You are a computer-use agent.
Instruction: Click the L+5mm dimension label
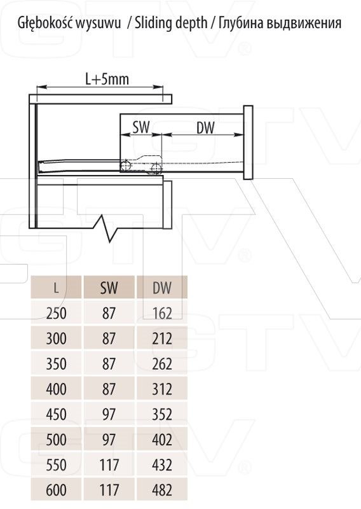click(107, 79)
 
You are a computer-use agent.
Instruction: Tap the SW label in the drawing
click(141, 127)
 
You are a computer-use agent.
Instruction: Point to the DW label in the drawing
click(206, 128)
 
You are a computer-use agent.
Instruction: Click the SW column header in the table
click(109, 288)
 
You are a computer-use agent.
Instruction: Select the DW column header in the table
click(162, 288)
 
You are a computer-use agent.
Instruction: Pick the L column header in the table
click(56, 288)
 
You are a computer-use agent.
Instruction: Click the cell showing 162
click(162, 313)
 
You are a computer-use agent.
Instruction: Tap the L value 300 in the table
click(56, 338)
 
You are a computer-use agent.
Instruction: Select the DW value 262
click(162, 363)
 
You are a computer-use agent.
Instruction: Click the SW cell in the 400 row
click(109, 389)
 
